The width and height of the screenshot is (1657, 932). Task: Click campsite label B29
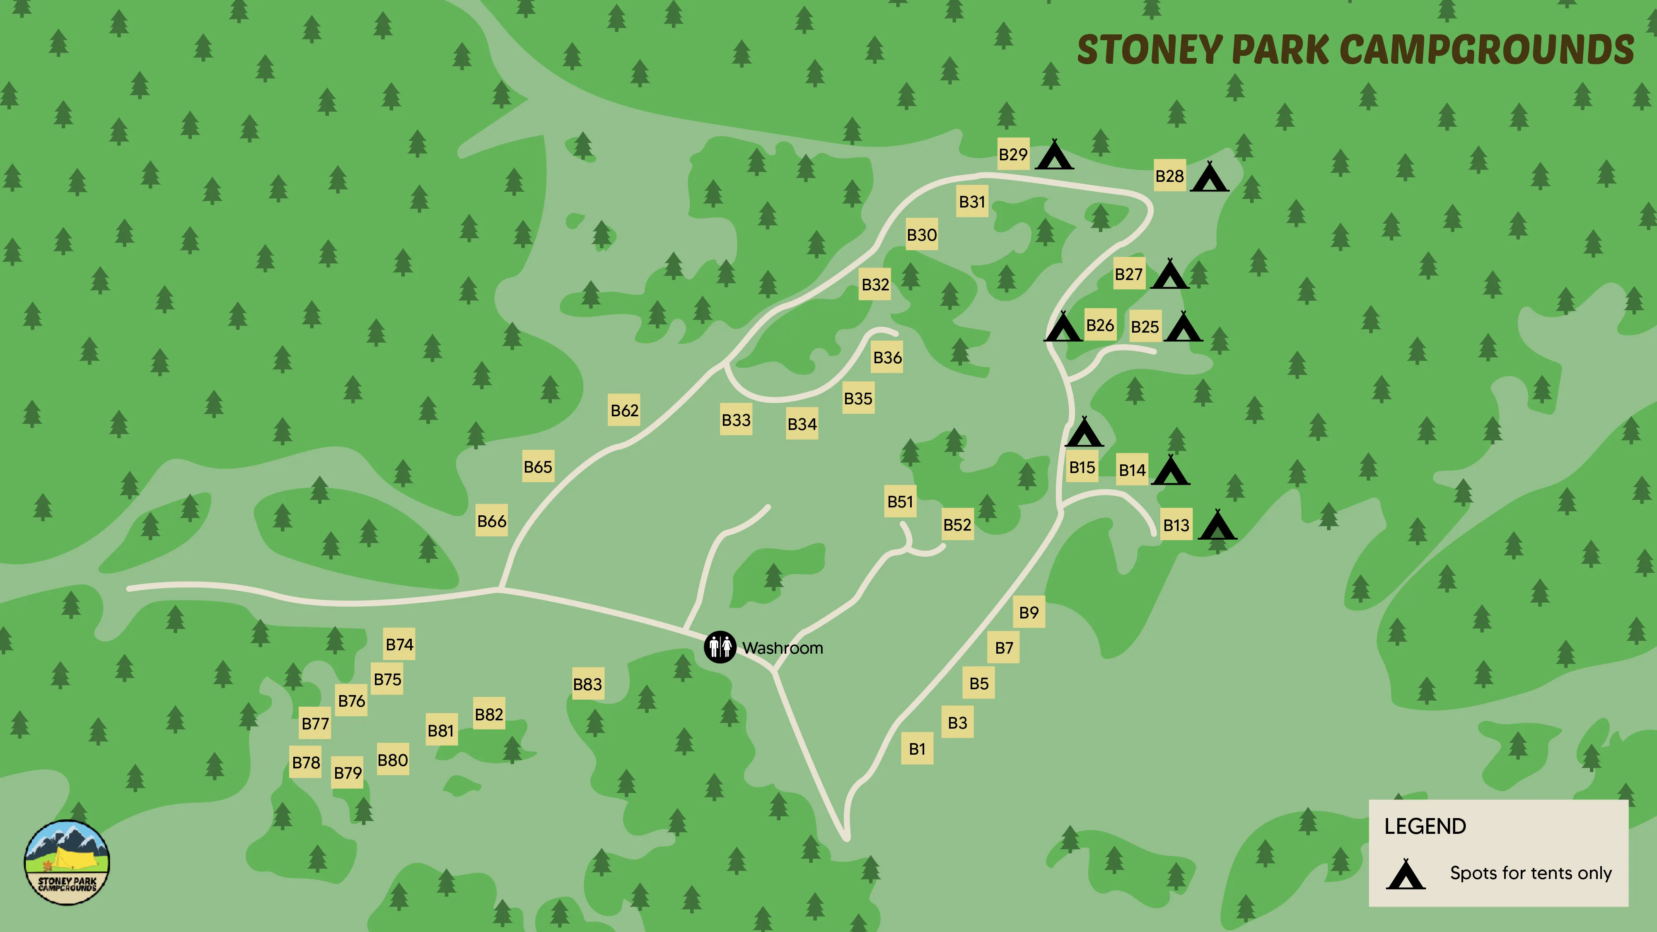(1013, 155)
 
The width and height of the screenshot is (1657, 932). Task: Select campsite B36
(887, 357)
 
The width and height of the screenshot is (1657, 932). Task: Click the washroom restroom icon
(719, 647)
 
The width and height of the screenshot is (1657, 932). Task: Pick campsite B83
(587, 684)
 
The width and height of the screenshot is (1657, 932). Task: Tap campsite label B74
(399, 644)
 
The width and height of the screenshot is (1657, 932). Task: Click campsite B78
(306, 762)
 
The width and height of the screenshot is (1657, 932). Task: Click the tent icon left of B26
(1063, 327)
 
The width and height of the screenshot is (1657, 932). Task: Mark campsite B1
(917, 748)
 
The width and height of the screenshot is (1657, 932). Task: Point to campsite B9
(1029, 612)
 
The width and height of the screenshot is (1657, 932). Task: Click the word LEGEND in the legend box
(1425, 826)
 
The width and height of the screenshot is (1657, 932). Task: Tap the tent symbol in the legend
(1406, 874)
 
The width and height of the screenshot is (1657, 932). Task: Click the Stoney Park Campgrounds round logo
(67, 862)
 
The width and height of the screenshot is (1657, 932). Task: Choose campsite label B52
(957, 525)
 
